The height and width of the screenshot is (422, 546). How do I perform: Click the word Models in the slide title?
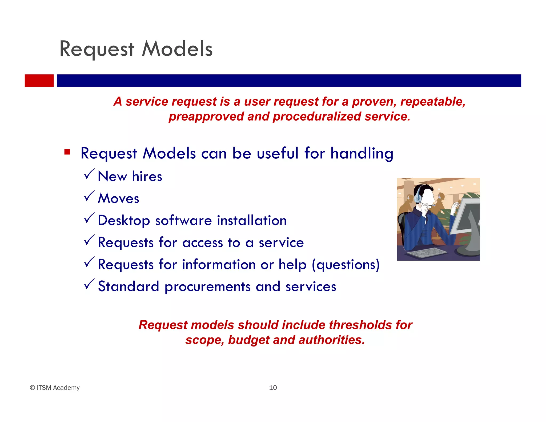click(177, 49)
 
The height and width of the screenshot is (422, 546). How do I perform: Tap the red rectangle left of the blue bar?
click(39, 81)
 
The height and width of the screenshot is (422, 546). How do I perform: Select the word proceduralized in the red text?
click(317, 117)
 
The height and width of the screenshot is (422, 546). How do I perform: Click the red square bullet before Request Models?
click(67, 152)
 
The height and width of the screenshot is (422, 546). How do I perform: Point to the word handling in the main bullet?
click(362, 153)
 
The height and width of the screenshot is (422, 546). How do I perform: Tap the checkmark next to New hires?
click(89, 174)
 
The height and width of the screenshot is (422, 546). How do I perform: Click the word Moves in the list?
click(118, 198)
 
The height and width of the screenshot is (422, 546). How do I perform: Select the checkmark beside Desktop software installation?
click(89, 218)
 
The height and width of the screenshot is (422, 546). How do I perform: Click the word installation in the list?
click(252, 221)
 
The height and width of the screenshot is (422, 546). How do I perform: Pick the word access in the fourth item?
click(202, 243)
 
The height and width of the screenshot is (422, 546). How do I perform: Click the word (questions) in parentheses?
click(346, 265)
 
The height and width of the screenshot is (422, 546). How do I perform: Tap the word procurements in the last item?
click(207, 287)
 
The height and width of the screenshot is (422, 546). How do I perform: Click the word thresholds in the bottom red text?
click(360, 325)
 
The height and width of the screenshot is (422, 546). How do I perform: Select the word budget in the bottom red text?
click(249, 340)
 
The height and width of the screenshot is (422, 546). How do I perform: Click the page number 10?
click(273, 388)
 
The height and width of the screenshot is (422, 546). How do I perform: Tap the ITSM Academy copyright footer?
click(55, 388)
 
